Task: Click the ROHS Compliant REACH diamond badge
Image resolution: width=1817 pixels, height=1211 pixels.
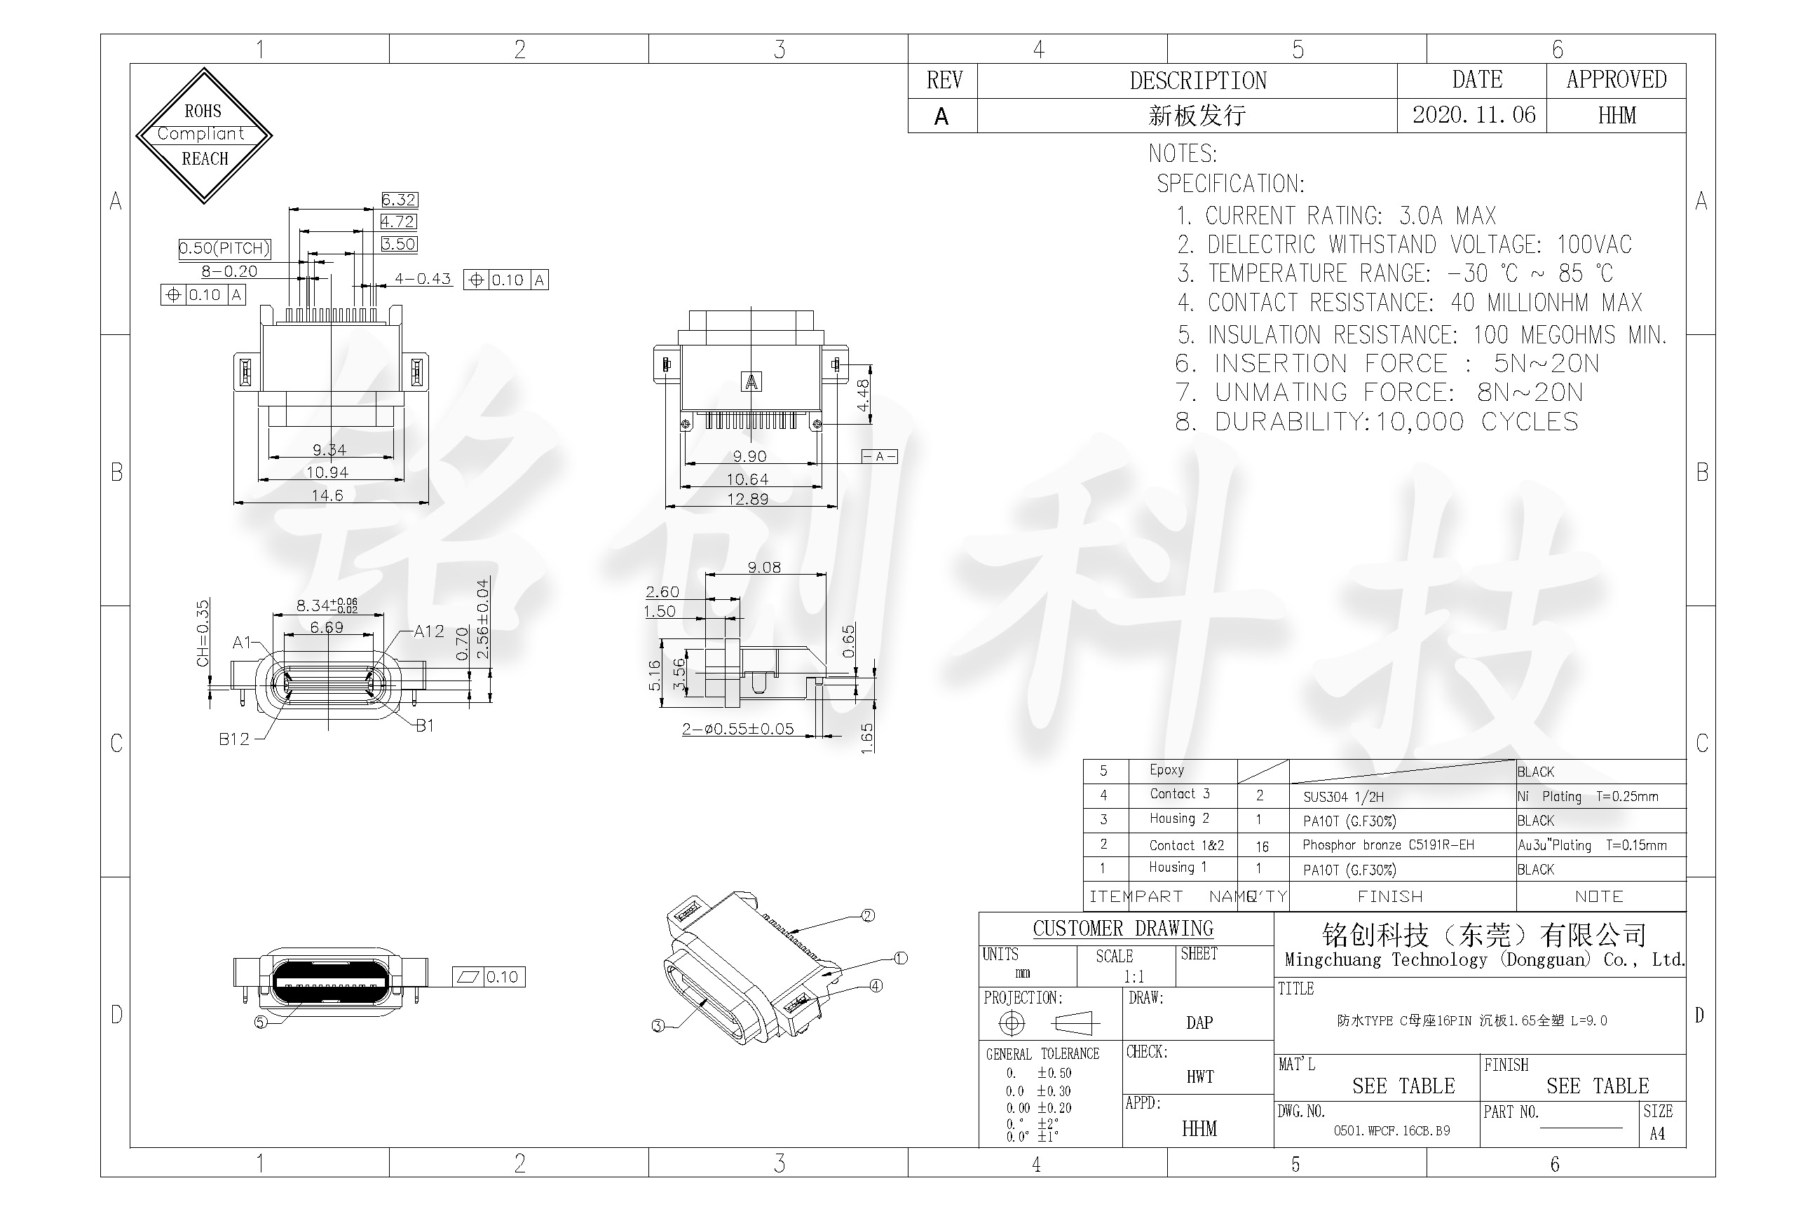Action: click(204, 135)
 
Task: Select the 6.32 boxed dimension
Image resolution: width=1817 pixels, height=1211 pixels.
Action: click(400, 199)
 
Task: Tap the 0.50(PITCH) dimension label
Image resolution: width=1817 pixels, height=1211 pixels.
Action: click(224, 248)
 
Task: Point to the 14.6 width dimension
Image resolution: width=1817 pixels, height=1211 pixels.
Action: click(327, 495)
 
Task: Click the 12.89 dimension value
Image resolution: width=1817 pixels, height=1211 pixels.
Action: click(747, 499)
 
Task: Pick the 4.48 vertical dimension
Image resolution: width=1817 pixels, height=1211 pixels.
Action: click(863, 395)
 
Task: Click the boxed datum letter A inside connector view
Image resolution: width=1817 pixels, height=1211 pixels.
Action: click(751, 381)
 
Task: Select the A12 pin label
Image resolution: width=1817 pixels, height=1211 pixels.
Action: click(429, 631)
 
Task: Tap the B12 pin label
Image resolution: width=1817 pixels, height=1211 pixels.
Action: click(234, 739)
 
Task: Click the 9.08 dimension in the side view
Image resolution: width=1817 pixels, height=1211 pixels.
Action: click(764, 568)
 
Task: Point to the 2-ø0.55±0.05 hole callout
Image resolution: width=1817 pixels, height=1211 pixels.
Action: click(737, 728)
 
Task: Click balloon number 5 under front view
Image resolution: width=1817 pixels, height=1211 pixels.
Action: click(260, 1022)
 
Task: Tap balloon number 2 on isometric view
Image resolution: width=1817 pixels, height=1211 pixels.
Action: click(868, 915)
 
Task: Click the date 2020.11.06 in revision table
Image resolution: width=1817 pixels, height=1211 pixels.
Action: click(1474, 115)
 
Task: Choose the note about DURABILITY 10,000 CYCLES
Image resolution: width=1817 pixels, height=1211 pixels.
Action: click(1377, 422)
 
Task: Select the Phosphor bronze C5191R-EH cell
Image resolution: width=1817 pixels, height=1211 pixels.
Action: click(1388, 845)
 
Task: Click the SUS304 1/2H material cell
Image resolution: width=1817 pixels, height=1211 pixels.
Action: click(1343, 796)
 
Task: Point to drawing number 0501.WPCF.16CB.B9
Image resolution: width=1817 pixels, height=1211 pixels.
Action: click(1391, 1130)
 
